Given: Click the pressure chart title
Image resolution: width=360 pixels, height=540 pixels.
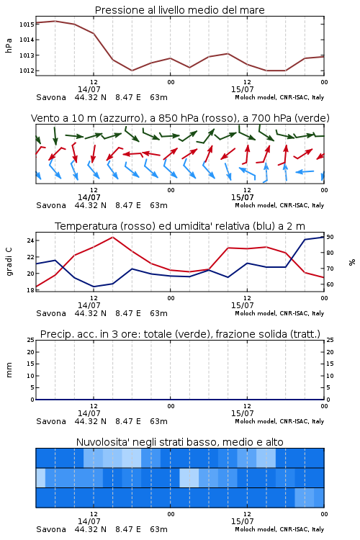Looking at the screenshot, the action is [179, 10].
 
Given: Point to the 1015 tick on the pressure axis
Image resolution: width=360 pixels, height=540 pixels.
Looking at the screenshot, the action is [27, 24].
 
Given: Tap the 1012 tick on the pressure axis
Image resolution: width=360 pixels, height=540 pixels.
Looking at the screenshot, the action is [27, 71].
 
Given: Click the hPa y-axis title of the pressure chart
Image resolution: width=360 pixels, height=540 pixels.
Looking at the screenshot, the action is [9, 45].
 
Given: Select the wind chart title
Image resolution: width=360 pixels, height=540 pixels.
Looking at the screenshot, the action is [180, 118].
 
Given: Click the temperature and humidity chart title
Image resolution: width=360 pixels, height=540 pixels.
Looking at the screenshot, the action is [180, 226].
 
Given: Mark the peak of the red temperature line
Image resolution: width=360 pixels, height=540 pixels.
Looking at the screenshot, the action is [112, 237].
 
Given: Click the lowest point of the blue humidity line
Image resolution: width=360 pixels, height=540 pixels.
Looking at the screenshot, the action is [94, 287].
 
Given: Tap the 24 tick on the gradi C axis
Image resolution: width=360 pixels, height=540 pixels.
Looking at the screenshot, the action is [30, 240].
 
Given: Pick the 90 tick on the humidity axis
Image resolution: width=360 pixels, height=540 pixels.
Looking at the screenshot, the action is [330, 237].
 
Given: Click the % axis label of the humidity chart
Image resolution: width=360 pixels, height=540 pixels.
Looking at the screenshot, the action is [352, 262].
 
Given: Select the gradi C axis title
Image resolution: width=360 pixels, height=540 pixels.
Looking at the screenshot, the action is [9, 262].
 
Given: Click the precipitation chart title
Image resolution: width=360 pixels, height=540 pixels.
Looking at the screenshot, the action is [180, 334].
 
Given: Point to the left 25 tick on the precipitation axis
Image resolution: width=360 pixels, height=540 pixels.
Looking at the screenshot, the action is [30, 340].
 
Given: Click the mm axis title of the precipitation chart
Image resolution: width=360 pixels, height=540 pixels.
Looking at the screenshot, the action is [9, 370].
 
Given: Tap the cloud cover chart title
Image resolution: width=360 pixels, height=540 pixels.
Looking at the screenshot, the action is [180, 442].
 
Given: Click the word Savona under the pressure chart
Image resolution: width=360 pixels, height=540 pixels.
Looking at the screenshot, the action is [51, 97].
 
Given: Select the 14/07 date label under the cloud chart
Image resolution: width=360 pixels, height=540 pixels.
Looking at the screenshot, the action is [89, 521].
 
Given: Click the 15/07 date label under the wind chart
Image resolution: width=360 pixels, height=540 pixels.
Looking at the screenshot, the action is [242, 197].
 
